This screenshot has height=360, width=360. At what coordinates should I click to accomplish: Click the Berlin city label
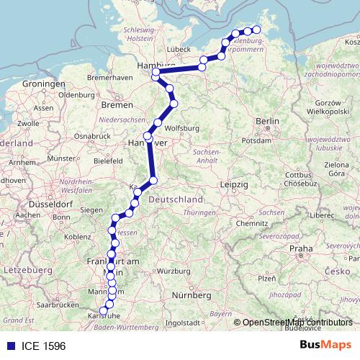click(266, 121)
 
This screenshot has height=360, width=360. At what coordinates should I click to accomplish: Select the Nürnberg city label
click(196, 295)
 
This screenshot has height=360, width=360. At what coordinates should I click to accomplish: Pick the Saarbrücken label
click(58, 305)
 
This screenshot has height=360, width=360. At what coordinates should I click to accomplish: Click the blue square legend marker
click(9, 344)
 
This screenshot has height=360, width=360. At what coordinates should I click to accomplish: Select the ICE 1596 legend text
click(40, 344)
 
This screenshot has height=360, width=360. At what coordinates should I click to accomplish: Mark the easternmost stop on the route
click(256, 29)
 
